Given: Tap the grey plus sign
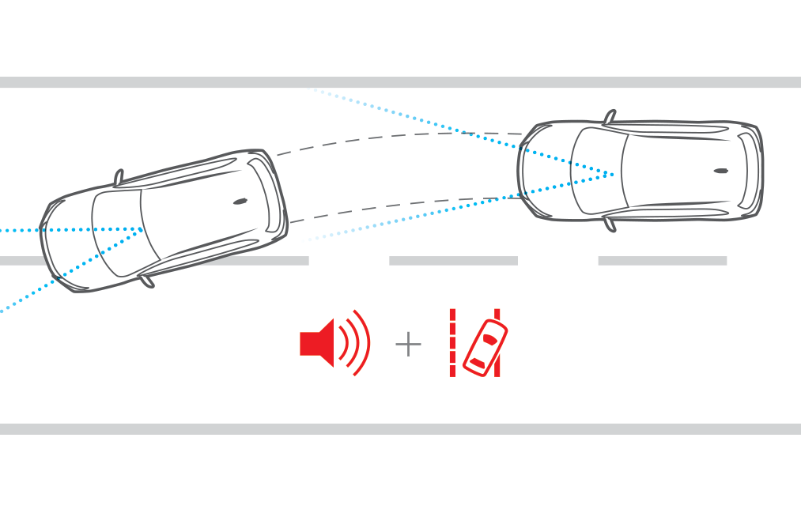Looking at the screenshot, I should tap(408, 344).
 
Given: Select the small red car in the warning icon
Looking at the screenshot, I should tap(485, 348).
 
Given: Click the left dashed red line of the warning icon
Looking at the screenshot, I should tap(453, 343).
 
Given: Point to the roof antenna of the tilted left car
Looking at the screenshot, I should tap(240, 202).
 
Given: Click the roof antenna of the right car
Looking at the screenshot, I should tap(720, 171).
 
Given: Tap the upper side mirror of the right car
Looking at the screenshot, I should tap(610, 118).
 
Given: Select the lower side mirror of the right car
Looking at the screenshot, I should tap(609, 224).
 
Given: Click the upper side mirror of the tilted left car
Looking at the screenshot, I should tap(119, 178).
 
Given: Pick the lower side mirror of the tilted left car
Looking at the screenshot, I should tap(146, 281).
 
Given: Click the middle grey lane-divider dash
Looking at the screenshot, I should tap(453, 260).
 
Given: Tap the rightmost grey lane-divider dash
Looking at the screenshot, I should tap(662, 260).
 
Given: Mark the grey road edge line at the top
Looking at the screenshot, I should tap(400, 82).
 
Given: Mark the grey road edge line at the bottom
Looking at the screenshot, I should tap(400, 428).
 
